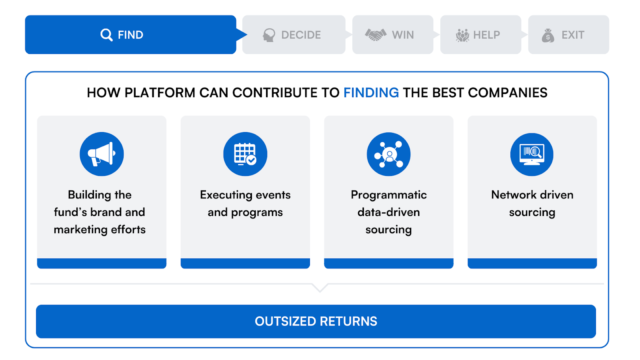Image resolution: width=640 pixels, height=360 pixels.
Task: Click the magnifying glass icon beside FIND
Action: coord(106,35)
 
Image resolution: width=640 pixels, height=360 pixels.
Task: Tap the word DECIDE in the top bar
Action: coord(301,35)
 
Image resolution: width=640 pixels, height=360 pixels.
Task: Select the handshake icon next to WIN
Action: coord(376,35)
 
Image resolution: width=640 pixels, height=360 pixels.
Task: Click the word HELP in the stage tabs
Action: coord(486,35)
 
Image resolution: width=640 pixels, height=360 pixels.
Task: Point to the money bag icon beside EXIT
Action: coord(548,36)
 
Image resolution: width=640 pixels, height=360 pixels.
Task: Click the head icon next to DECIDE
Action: coord(269,35)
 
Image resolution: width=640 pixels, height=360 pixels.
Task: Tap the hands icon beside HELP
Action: coord(462,36)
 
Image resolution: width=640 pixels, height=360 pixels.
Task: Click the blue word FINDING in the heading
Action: coord(371,93)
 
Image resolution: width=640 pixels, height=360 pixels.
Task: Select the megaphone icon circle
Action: coord(102,154)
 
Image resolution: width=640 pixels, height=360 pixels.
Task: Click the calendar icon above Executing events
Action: coord(245,154)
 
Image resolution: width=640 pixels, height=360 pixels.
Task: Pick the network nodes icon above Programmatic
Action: coord(388,154)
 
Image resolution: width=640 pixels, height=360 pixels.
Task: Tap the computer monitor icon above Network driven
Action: coord(532,154)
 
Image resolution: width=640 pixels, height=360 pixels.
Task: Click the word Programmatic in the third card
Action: coord(388,195)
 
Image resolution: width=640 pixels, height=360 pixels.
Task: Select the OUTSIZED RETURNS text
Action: coord(316,322)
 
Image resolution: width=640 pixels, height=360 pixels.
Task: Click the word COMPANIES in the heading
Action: coord(508,93)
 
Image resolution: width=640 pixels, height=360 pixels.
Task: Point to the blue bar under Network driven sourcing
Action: coord(532,263)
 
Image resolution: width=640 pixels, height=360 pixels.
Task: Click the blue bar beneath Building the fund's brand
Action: coord(102,263)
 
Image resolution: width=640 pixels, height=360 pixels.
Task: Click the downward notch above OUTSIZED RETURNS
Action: coord(320,288)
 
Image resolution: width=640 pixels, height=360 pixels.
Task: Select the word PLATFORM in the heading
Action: coord(160,93)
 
